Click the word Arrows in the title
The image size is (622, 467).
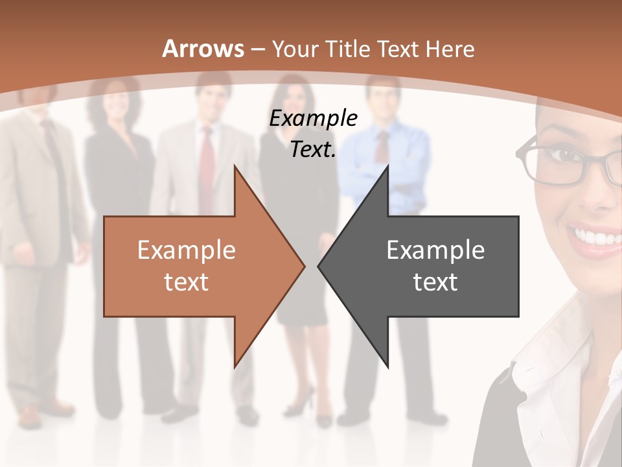pyautogui.click(x=203, y=49)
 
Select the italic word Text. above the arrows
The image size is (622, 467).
pyautogui.click(x=313, y=150)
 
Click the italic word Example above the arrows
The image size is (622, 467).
pyautogui.click(x=313, y=119)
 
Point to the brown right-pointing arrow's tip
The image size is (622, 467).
pyautogui.click(x=303, y=265)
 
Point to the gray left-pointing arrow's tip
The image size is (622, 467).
pyautogui.click(x=319, y=265)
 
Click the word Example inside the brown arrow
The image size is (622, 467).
pyautogui.click(x=187, y=250)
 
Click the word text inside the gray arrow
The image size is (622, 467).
pyautogui.click(x=435, y=281)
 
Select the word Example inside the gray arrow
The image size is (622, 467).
pyautogui.click(x=435, y=250)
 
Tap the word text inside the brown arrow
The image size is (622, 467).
pyautogui.click(x=187, y=281)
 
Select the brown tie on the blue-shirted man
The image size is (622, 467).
pyautogui.click(x=383, y=146)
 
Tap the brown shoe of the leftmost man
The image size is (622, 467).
pyautogui.click(x=29, y=415)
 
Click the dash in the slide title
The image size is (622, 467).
pyautogui.click(x=257, y=49)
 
